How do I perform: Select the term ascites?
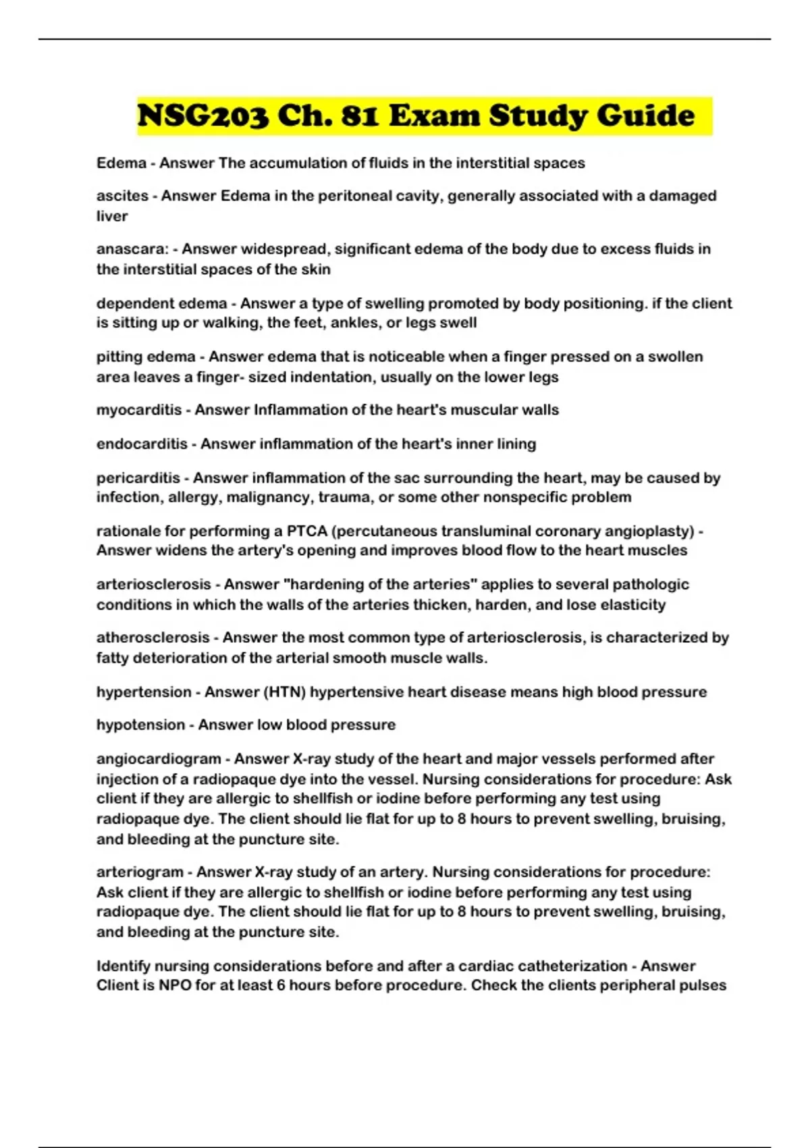click(122, 196)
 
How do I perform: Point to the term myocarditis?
click(139, 410)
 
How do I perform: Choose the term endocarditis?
click(142, 444)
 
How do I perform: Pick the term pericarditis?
click(138, 478)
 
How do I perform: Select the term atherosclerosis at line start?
click(153, 638)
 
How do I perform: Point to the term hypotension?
click(140, 725)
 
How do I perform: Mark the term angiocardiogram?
click(159, 759)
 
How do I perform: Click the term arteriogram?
click(140, 872)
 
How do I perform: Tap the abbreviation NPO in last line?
click(175, 986)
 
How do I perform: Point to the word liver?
click(112, 216)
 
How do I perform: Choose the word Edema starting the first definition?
click(122, 163)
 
